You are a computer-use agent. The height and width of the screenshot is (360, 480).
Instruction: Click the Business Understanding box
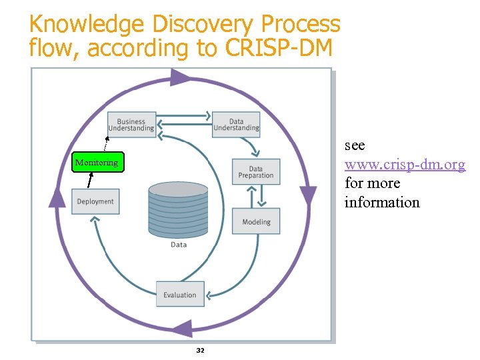click(x=132, y=125)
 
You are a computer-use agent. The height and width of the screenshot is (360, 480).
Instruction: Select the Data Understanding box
click(x=236, y=125)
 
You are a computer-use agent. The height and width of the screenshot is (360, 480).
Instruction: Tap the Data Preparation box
click(x=256, y=172)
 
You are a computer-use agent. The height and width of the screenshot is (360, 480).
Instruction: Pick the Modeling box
click(x=256, y=221)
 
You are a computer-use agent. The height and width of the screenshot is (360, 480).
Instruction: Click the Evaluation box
click(x=180, y=295)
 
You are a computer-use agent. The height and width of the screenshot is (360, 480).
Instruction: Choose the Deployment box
click(x=95, y=201)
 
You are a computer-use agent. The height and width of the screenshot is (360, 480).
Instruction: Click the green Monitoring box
click(x=97, y=162)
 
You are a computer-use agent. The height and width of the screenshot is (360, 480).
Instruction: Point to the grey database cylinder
click(x=178, y=209)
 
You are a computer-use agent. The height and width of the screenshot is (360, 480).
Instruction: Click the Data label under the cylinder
click(x=179, y=245)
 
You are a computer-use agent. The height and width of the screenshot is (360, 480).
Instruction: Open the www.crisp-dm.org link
click(x=405, y=164)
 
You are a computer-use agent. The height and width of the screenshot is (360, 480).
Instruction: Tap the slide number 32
click(x=200, y=350)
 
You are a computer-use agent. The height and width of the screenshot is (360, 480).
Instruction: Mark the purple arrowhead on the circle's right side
click(x=307, y=195)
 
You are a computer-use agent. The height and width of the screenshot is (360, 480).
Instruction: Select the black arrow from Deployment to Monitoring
click(x=90, y=181)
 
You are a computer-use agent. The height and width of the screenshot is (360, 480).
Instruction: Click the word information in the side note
click(x=382, y=202)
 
